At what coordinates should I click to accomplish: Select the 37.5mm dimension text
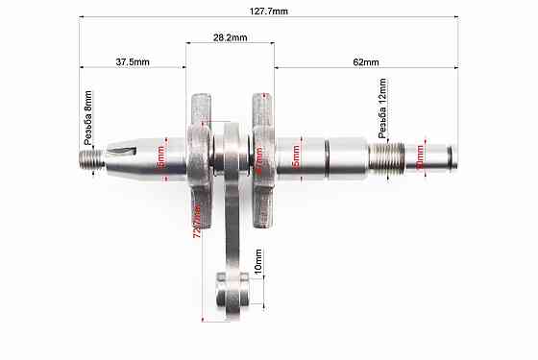[x=132, y=61]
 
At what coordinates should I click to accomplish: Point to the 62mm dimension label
[x=365, y=61]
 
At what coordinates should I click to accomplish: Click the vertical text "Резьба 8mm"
[x=88, y=117]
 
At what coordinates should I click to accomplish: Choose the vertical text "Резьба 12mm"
[x=382, y=113]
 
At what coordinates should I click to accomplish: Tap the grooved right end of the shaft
[x=444, y=154]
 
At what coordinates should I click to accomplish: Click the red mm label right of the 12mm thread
[x=419, y=154]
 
